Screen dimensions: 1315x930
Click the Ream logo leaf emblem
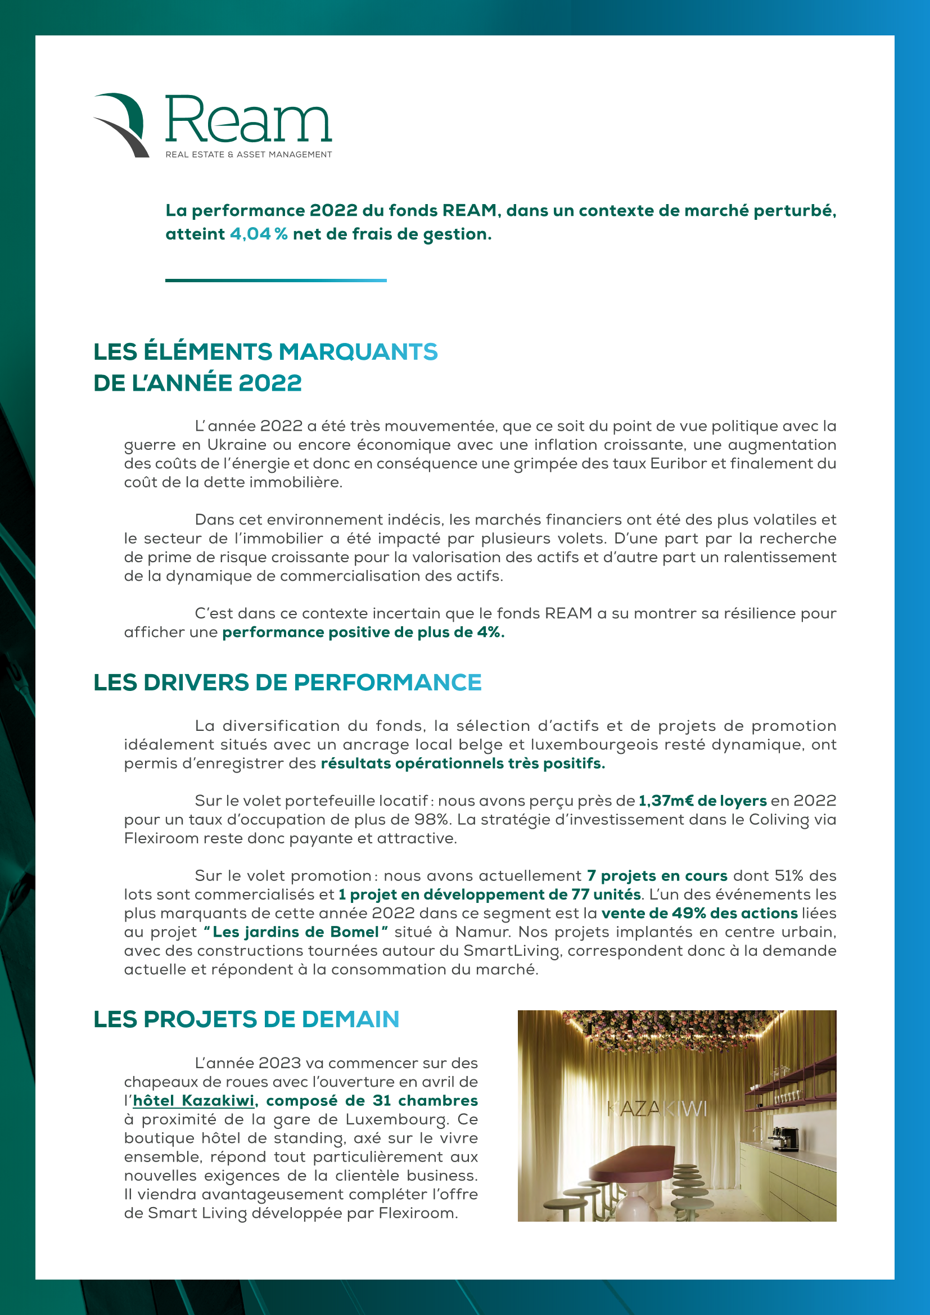coord(121,125)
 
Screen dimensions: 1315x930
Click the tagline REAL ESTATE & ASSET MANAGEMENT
coord(249,155)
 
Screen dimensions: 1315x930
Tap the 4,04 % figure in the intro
coord(258,234)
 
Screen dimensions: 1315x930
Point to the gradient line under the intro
coord(276,281)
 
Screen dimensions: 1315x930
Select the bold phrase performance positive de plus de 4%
coord(363,632)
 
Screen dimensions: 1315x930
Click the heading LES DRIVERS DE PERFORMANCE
coord(287,683)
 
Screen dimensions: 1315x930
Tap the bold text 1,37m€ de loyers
coord(702,801)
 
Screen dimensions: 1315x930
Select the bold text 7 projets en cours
coord(657,876)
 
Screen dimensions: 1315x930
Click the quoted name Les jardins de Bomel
coord(296,932)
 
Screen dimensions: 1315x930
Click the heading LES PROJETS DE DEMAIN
coord(246,1019)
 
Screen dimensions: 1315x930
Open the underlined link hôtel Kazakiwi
coord(193,1101)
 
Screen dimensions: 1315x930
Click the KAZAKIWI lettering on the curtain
coord(657,1109)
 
